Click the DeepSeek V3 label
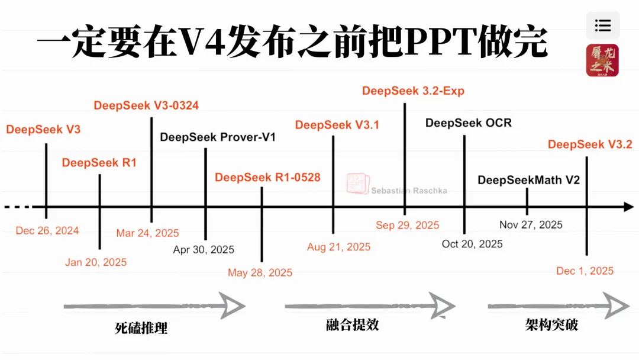(43, 130)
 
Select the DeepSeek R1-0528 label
(267, 177)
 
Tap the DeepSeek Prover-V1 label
(218, 137)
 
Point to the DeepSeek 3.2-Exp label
(413, 91)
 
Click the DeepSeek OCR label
(468, 123)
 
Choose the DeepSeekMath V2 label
(528, 180)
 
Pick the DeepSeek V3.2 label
(590, 144)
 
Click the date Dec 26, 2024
(47, 231)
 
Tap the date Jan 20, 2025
(96, 262)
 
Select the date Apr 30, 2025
(204, 250)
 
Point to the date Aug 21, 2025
(338, 247)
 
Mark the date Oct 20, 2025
(472, 244)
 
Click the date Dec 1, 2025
(585, 271)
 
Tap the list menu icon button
(603, 25)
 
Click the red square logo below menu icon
(602, 60)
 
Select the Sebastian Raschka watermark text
(409, 191)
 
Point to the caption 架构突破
(551, 325)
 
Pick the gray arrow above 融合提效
(370, 306)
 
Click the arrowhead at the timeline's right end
(628, 207)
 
